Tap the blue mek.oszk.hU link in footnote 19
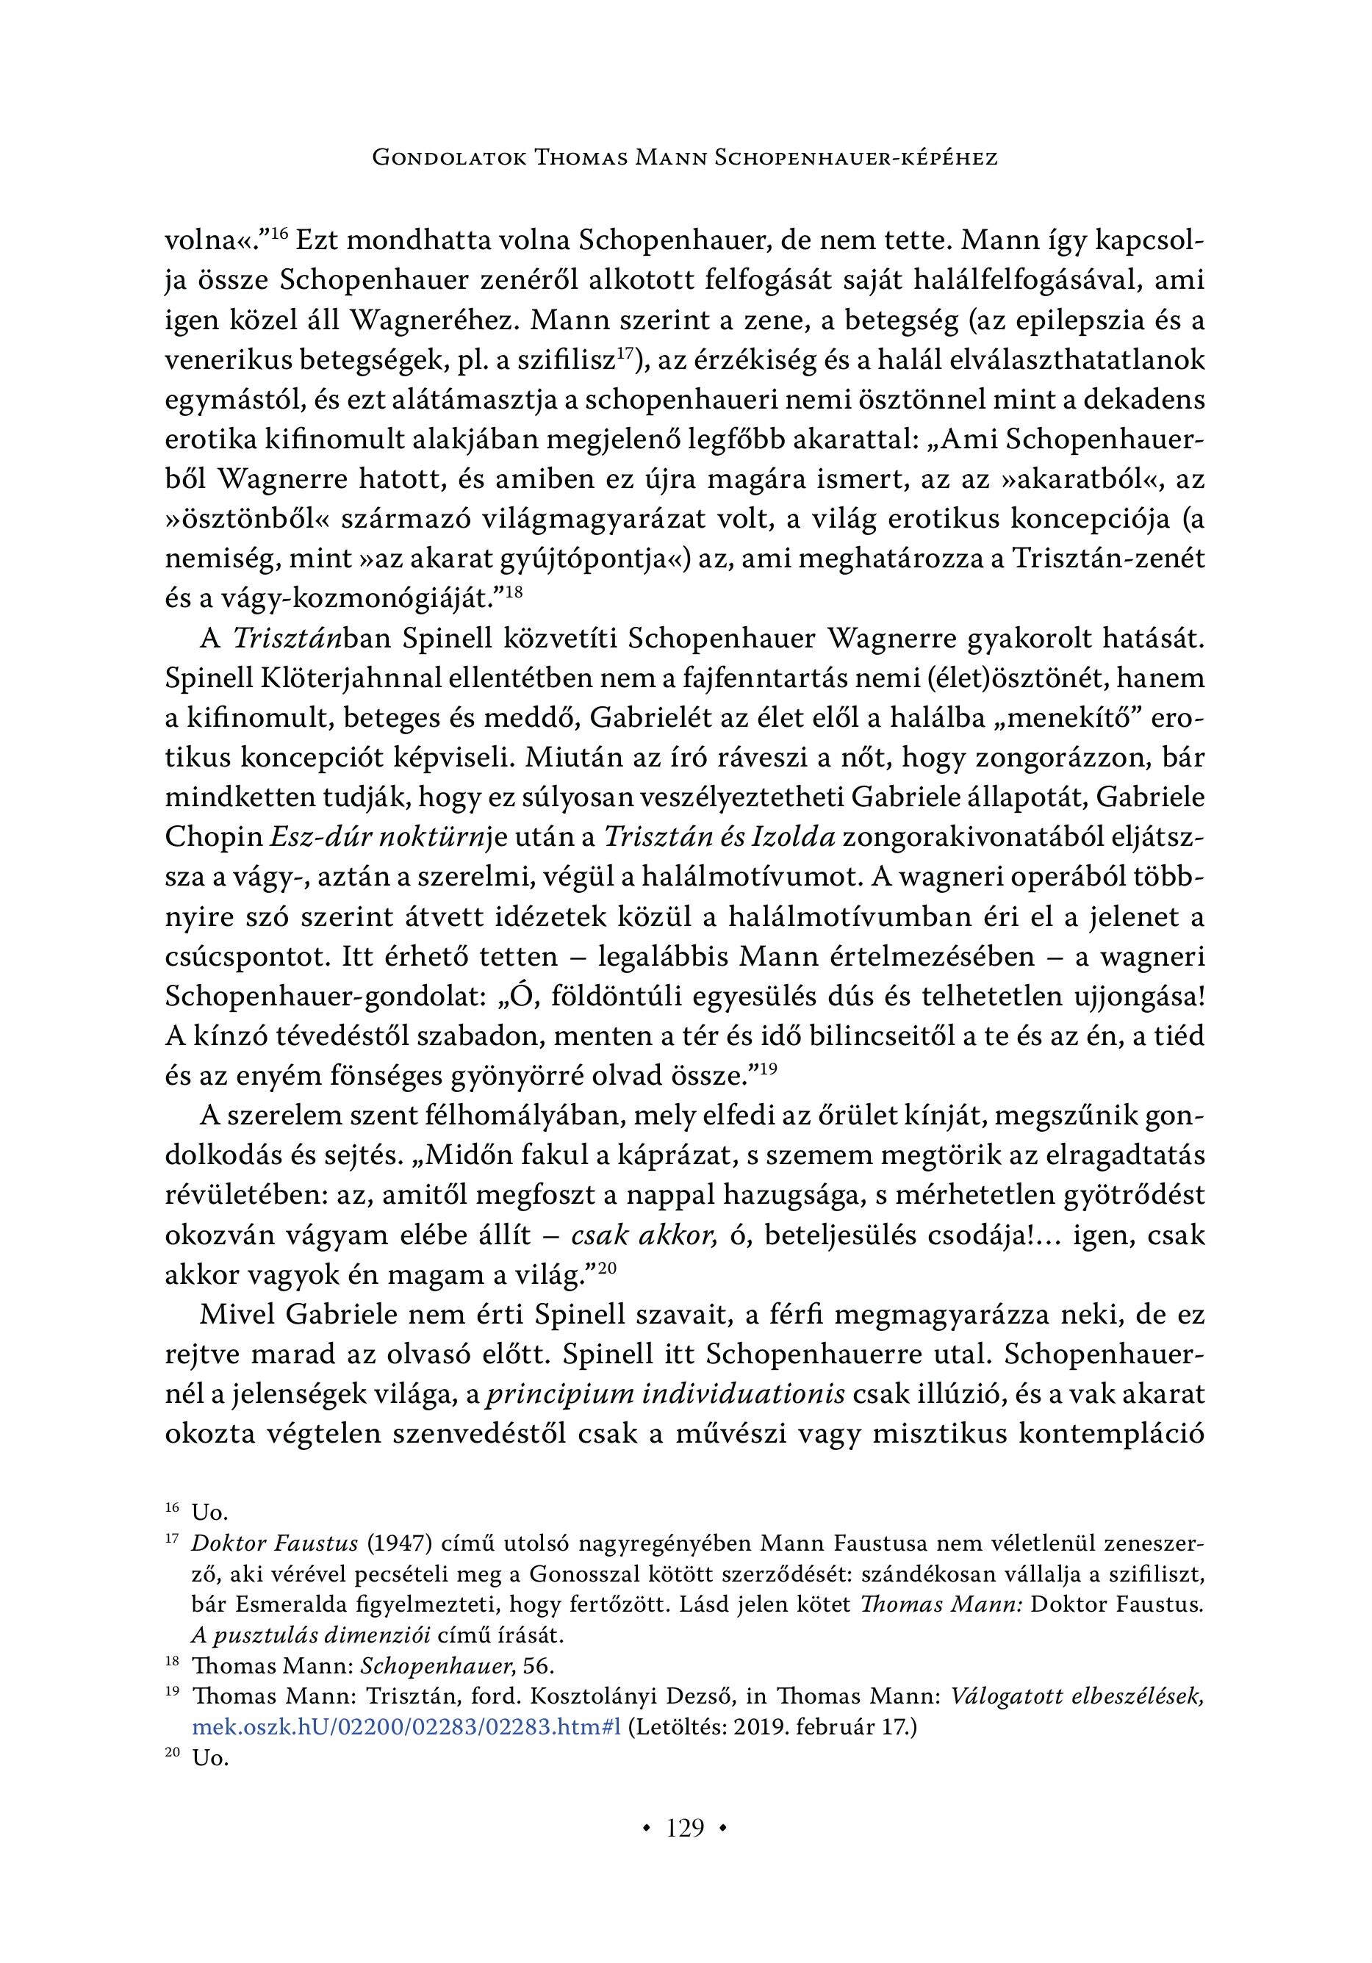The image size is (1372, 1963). (x=407, y=1728)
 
